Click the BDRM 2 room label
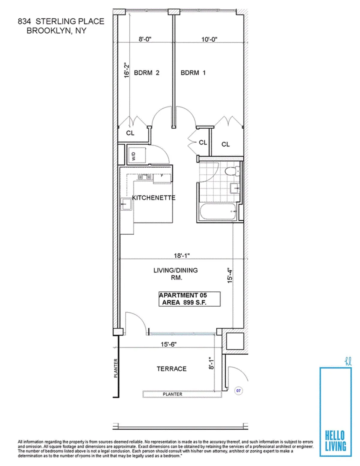(x=146, y=73)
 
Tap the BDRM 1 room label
(x=193, y=73)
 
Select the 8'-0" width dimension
(x=145, y=39)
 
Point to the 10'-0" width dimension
(x=209, y=39)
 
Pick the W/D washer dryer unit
(x=137, y=154)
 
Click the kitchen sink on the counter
(x=126, y=204)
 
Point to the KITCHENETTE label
(x=154, y=198)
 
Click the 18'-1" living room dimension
(x=181, y=256)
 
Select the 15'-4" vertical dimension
(x=230, y=275)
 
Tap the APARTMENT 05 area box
(x=189, y=299)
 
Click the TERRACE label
(x=171, y=369)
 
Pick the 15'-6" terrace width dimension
(x=169, y=344)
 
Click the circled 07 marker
(x=238, y=391)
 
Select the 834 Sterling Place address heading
(x=61, y=26)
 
